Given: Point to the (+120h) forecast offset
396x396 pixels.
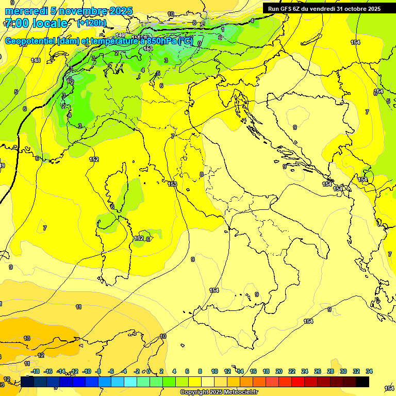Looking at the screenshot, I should pyautogui.click(x=91, y=23).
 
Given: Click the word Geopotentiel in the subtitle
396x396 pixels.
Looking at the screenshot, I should pyautogui.click(x=30, y=41).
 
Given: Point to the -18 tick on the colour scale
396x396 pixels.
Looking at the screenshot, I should pyautogui.click(x=35, y=371).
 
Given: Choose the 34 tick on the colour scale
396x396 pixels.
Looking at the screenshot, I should pyautogui.click(x=369, y=371).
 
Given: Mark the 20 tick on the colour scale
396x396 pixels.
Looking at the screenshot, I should pyautogui.click(x=279, y=371).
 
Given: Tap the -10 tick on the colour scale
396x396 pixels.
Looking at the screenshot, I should pyautogui.click(x=87, y=371).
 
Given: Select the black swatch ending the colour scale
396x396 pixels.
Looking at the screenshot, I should pyautogui.click(x=362, y=382).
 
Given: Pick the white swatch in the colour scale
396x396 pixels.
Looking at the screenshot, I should pyautogui.click(x=208, y=382).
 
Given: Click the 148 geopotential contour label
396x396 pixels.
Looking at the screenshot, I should pyautogui.click(x=36, y=60).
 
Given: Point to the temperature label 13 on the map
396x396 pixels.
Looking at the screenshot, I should pyautogui.click(x=27, y=338).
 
